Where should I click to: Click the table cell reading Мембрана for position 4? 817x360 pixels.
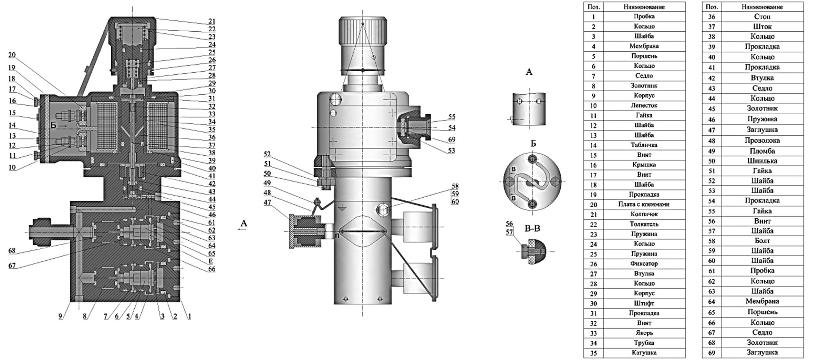click(644, 46)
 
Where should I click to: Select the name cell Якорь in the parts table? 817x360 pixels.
click(644, 333)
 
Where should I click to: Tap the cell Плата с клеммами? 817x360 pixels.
click(644, 204)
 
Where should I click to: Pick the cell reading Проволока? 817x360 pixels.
click(762, 140)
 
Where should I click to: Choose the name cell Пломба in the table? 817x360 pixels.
click(762, 151)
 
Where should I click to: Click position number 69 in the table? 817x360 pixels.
click(711, 353)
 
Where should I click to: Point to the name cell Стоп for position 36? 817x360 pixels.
click(762, 17)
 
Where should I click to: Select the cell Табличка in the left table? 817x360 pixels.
click(644, 145)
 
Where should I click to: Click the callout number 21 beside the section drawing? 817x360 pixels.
click(212, 21)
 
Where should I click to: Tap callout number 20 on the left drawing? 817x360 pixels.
click(12, 55)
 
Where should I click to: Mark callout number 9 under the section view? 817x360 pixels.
click(61, 317)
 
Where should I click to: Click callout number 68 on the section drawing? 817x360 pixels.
click(12, 251)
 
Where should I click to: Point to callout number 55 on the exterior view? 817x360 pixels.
click(452, 117)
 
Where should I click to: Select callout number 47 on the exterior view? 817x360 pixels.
click(267, 202)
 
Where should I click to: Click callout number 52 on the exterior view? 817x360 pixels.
click(267, 154)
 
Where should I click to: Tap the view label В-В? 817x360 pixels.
click(532, 229)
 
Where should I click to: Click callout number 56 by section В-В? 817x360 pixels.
click(509, 224)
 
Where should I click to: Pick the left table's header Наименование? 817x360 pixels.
click(644, 7)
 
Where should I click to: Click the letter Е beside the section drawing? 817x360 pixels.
click(211, 261)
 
